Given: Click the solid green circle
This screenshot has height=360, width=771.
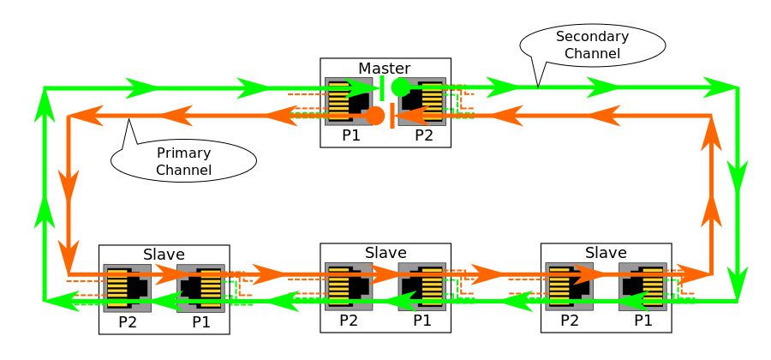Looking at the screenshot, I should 400,87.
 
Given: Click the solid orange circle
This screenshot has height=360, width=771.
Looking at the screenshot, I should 375,116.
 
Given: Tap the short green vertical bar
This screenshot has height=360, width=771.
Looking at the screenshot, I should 382,87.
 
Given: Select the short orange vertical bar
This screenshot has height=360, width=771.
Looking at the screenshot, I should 392,116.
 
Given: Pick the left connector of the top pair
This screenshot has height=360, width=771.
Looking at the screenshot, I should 348,101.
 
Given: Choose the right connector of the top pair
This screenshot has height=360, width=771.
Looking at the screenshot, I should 422,101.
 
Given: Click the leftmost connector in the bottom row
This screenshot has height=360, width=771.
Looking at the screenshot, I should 127,288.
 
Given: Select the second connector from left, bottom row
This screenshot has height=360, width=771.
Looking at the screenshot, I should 200,288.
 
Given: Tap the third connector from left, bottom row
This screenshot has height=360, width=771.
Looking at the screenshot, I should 348,286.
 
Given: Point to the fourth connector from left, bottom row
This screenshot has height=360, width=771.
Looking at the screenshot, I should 422,286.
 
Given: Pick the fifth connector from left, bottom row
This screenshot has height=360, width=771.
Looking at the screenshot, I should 569,286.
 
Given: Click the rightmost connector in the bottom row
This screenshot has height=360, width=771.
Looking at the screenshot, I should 642,286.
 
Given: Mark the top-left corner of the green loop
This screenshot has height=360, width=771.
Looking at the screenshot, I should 45,88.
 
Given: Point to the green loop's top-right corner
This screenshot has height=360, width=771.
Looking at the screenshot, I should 738,87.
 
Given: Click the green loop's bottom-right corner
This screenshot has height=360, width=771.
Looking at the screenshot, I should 738,301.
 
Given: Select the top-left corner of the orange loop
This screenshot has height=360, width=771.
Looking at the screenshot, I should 69,116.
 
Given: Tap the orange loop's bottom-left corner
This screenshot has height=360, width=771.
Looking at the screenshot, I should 69,274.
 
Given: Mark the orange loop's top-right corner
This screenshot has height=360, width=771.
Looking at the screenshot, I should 711,116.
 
